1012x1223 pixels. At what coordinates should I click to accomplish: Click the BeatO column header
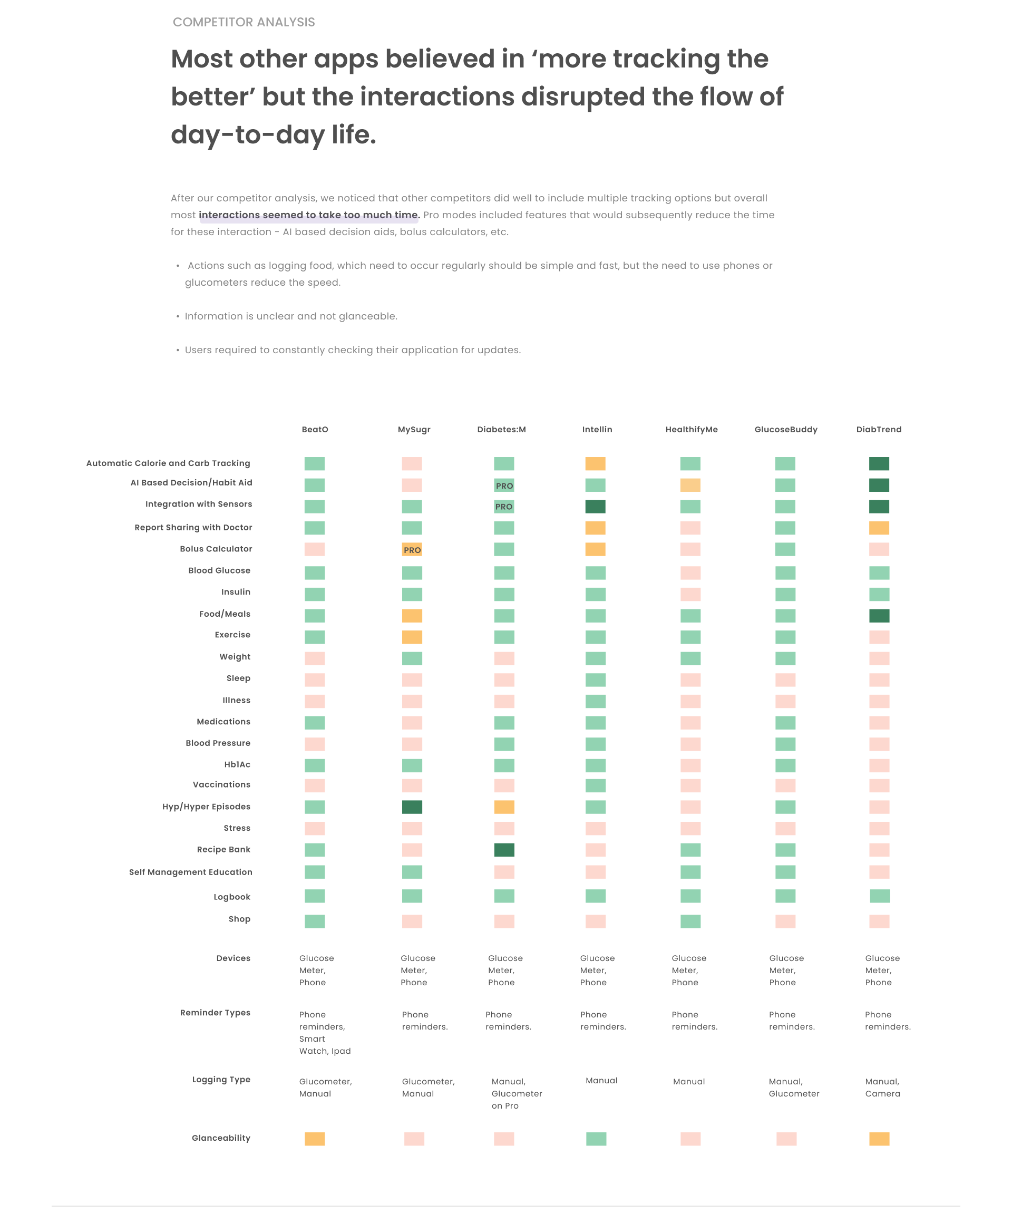point(315,429)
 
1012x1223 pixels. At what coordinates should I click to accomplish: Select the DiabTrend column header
point(878,429)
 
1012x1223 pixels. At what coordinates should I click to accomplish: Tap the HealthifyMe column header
point(691,429)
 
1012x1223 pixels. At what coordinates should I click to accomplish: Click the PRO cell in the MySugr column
point(412,549)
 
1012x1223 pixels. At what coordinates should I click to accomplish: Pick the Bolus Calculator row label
point(216,549)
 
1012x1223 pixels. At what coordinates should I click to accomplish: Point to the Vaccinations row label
point(221,784)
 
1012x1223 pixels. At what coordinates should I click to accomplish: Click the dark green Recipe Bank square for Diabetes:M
point(504,850)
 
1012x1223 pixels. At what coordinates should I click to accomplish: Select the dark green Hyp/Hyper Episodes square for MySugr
point(412,807)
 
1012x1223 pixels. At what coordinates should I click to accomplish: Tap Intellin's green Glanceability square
point(596,1139)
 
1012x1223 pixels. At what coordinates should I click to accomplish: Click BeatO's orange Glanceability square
point(315,1139)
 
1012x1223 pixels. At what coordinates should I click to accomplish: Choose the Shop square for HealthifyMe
point(690,921)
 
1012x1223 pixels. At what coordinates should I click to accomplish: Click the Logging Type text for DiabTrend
point(882,1088)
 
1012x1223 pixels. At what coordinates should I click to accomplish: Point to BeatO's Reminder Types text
point(324,1033)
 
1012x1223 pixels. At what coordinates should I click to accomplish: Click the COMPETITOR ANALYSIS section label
point(244,22)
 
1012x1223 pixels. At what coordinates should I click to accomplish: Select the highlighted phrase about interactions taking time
point(309,215)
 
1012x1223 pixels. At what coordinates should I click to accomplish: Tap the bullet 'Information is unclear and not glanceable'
point(290,316)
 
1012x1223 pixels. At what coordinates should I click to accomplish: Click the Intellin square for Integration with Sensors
point(595,507)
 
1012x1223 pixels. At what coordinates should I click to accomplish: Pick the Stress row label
point(237,828)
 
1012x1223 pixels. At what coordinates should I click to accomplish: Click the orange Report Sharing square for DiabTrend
point(879,528)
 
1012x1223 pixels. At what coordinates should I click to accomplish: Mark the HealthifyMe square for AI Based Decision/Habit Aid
point(690,485)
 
